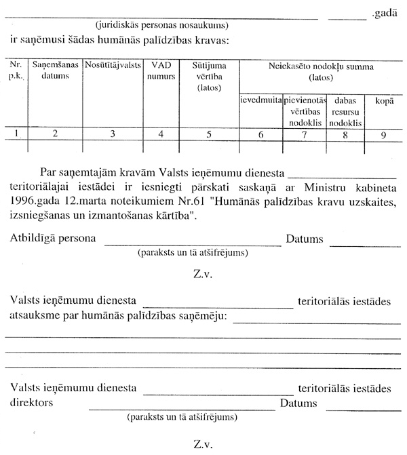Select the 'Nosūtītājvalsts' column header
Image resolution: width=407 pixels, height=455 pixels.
pyautogui.click(x=112, y=65)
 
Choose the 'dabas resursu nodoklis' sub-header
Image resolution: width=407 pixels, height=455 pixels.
pyautogui.click(x=345, y=112)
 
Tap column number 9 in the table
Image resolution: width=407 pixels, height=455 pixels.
pyautogui.click(x=384, y=134)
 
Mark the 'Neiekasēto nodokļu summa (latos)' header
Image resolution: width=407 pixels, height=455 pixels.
pyautogui.click(x=322, y=71)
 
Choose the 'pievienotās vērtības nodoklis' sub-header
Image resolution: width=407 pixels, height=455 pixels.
pyautogui.click(x=305, y=112)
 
